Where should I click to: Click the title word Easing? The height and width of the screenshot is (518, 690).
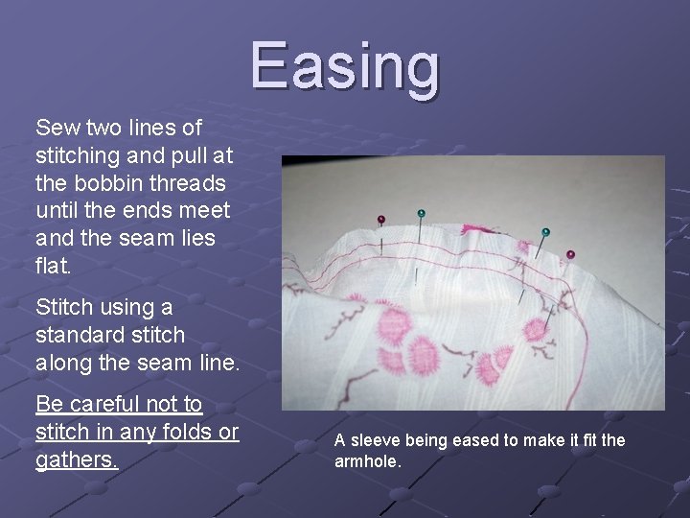(346, 66)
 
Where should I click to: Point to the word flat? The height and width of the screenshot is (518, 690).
(54, 265)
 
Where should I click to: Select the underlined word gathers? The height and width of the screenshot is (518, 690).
(77, 459)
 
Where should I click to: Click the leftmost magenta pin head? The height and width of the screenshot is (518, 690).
(380, 220)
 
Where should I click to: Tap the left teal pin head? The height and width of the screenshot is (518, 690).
(421, 212)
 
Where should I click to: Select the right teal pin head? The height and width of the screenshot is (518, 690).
(545, 231)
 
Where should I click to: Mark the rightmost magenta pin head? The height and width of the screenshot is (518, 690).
(570, 254)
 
